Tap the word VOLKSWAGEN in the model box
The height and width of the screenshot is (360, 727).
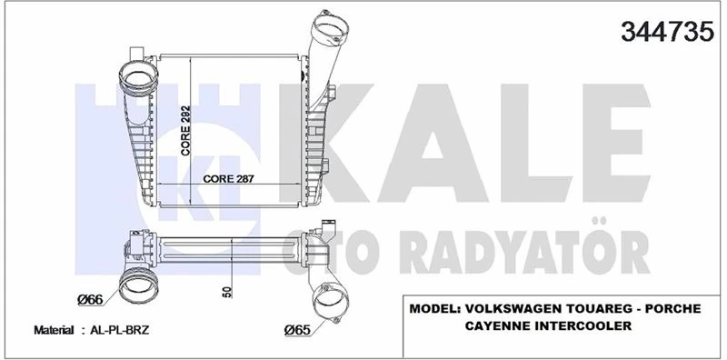point(521,309)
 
